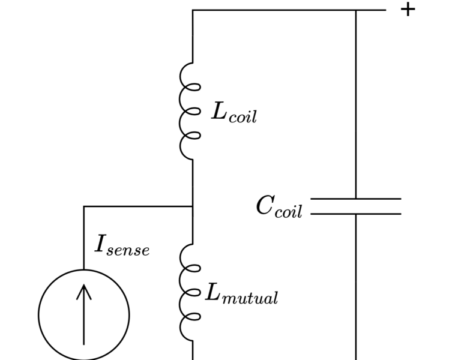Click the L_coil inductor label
tap(233, 112)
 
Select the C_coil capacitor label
tap(279, 207)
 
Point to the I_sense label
tap(122, 245)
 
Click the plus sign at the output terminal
tap(408, 10)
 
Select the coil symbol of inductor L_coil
tap(190, 112)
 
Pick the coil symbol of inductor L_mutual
tap(190, 293)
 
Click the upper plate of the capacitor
tap(355, 199)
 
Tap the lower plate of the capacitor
tap(355, 214)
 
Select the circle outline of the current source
tap(39, 315)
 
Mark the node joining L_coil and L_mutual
tap(193, 206)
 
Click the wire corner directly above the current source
tap(84, 206)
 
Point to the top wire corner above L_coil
tap(193, 10)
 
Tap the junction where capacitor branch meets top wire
tap(356, 10)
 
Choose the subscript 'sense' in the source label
tap(128, 250)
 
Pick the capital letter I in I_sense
tap(101, 244)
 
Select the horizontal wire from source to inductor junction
tap(138, 206)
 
